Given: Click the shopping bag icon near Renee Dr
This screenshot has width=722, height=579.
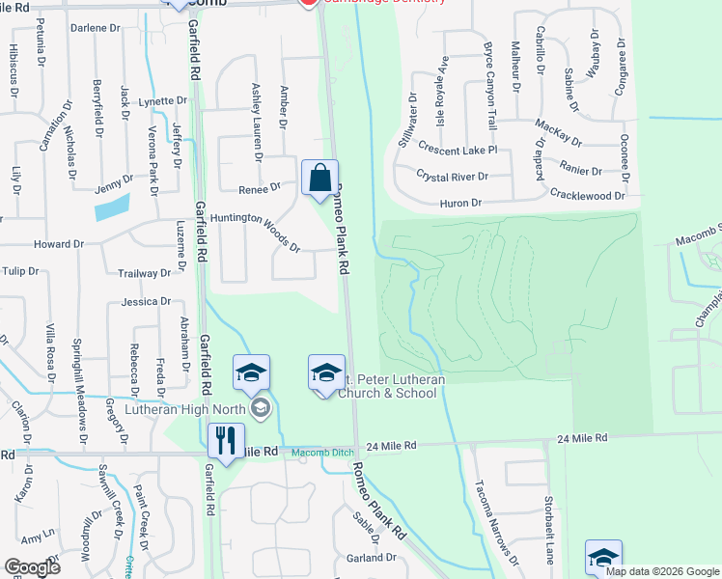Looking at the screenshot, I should pos(319,179).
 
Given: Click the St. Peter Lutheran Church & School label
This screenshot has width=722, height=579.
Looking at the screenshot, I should pos(390,386).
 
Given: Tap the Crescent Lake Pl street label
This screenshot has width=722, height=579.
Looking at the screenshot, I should pos(458,150).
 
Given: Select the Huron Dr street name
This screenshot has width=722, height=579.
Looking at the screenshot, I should pos(461,204).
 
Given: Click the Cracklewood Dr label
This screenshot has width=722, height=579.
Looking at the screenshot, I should pos(589,195).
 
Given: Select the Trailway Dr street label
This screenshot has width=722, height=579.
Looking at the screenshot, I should pos(144,274).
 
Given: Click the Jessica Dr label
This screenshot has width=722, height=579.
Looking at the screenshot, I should pos(147,302).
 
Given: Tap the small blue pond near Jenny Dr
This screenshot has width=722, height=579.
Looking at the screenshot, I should pos(112,206).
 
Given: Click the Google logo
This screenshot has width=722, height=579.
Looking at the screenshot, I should pos(33,567).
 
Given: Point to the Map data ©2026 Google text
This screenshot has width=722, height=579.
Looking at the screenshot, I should pos(662,571).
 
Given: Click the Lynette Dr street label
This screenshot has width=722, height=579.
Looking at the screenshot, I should pos(162,101).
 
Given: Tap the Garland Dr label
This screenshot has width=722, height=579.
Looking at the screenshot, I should pos(372,558).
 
